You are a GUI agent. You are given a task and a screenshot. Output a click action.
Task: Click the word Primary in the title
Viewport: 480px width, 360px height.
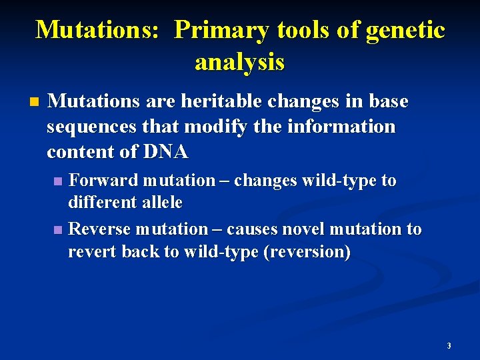click(x=219, y=30)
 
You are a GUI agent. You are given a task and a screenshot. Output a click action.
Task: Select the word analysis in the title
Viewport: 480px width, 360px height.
click(x=239, y=62)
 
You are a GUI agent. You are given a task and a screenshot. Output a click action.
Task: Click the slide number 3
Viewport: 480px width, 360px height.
click(x=449, y=346)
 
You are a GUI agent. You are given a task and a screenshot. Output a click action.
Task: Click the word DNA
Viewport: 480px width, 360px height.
click(x=165, y=152)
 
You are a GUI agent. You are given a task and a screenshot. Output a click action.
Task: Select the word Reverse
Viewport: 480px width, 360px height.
click(x=101, y=229)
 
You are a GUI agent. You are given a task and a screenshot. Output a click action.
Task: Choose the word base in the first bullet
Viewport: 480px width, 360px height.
click(x=387, y=101)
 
